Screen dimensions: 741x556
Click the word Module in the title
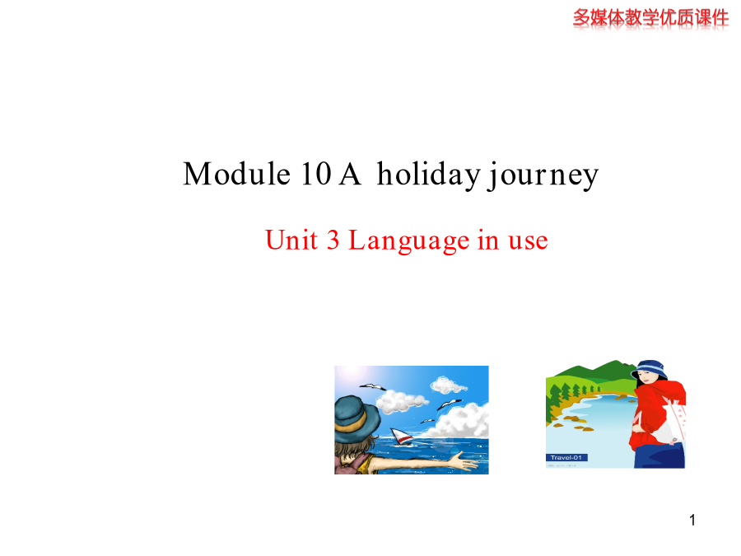pos(236,174)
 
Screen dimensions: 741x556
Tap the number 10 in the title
pos(316,174)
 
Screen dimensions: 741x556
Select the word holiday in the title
pos(429,175)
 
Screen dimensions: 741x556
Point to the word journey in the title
pos(543,175)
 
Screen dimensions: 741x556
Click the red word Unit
pos(291,239)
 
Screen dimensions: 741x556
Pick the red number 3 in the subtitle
pos(333,240)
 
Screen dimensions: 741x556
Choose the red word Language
pos(408,241)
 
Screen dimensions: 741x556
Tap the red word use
pos(528,241)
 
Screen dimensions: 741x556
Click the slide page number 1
pos(692,520)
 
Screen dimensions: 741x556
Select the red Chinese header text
pos(650,18)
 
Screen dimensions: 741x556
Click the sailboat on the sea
pos(402,437)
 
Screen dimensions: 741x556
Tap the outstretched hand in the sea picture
pos(463,461)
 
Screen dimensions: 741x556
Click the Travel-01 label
pos(566,457)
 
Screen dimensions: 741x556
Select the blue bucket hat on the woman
pos(650,369)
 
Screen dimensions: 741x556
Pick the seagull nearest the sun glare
pos(373,387)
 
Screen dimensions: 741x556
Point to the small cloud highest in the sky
pos(448,385)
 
